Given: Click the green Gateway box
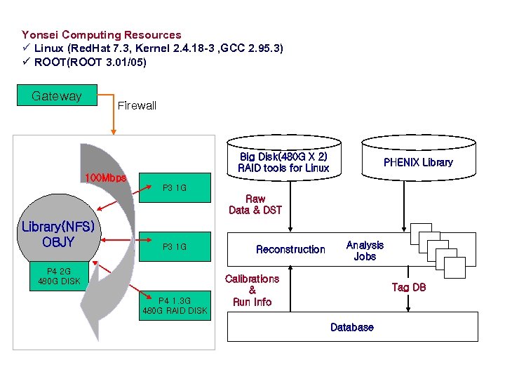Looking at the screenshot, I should pyautogui.click(x=56, y=96).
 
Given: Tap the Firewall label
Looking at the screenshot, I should pyautogui.click(x=137, y=106).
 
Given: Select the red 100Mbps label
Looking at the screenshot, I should pyautogui.click(x=105, y=178).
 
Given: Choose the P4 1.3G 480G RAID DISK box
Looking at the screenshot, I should pyautogui.click(x=175, y=305).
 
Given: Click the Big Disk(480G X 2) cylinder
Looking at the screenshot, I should pyautogui.click(x=283, y=162).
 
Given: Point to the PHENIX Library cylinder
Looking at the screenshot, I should pyautogui.click(x=418, y=162).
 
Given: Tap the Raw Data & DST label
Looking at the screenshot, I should pyautogui.click(x=255, y=204).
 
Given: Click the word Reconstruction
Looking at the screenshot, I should pyautogui.click(x=290, y=249).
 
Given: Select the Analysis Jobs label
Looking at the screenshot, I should pyautogui.click(x=365, y=251).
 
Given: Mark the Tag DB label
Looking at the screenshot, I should pyautogui.click(x=409, y=288).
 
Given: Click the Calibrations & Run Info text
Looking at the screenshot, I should pyautogui.click(x=252, y=290).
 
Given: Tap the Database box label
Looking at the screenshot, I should pyautogui.click(x=352, y=327).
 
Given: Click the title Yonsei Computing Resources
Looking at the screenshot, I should pyautogui.click(x=102, y=34).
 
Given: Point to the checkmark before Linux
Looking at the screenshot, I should pyautogui.click(x=26, y=48).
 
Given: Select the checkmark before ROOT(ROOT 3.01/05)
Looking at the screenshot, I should pyautogui.click(x=26, y=62).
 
